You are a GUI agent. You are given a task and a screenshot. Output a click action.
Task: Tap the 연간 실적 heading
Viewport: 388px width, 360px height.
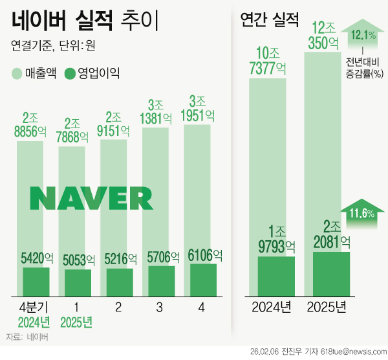tap(269, 20)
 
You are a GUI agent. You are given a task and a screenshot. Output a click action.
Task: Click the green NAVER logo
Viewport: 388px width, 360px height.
tap(91, 199)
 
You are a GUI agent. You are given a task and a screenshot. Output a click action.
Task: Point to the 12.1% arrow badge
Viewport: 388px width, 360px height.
tap(364, 34)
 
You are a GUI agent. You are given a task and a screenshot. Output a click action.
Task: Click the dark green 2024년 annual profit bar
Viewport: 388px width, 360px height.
tap(276, 274)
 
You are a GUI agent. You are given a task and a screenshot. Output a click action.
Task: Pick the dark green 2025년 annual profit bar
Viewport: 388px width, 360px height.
tap(331, 272)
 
